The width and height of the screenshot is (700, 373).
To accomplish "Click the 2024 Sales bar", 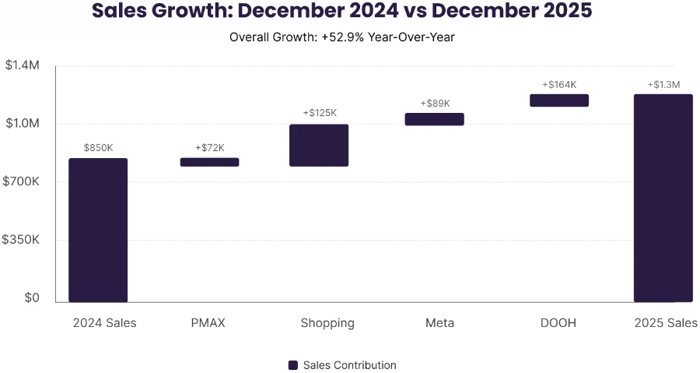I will (98, 230).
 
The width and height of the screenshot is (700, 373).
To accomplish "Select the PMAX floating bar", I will (210, 162).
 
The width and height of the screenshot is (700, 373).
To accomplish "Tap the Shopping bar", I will (319, 145).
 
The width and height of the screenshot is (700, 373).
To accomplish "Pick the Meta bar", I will (434, 119).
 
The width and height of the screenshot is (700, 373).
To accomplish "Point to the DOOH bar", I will (559, 100).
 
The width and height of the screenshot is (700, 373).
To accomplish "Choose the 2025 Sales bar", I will (663, 198).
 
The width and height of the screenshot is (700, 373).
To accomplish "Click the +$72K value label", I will (210, 147).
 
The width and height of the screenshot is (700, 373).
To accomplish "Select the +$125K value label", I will (320, 113).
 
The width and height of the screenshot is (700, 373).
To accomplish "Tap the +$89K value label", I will (435, 103).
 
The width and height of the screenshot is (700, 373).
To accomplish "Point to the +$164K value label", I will (559, 84).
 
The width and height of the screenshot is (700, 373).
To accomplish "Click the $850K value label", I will (99, 147).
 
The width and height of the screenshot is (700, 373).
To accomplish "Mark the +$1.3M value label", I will (663, 84).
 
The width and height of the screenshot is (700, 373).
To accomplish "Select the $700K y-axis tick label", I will (22, 181).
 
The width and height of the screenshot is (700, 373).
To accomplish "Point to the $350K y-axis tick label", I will (22, 240).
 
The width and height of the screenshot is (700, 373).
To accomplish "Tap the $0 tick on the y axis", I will (31, 297).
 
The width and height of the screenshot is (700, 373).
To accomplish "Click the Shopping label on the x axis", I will (327, 322).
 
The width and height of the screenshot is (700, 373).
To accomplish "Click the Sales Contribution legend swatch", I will (293, 365).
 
